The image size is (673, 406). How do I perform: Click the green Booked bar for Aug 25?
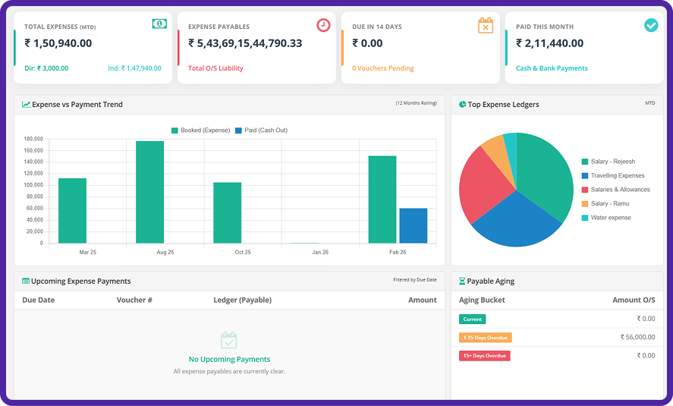click(x=149, y=192)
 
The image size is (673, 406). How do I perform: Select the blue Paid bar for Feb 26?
click(x=413, y=225)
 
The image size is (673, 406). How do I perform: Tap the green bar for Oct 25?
click(x=227, y=212)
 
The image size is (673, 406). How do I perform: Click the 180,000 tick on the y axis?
click(x=33, y=139)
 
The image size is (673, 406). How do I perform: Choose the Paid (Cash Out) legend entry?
click(x=261, y=131)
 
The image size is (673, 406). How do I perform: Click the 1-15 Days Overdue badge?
click(x=485, y=338)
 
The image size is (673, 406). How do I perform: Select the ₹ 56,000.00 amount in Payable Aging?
click(x=637, y=338)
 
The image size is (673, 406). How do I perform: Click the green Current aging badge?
click(x=472, y=319)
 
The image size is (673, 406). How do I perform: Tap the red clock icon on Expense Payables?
click(x=323, y=25)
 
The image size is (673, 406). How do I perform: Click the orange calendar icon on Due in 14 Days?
click(x=486, y=26)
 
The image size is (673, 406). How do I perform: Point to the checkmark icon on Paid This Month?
click(x=650, y=25)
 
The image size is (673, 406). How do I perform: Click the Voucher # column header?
click(x=134, y=300)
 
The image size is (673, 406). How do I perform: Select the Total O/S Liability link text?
click(x=215, y=68)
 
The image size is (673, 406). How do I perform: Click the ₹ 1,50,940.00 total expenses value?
click(x=58, y=44)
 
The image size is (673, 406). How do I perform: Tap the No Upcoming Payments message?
click(x=229, y=359)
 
